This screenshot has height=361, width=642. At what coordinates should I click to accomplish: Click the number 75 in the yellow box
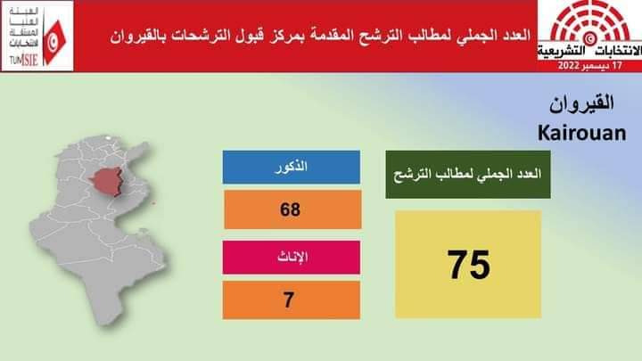pos(468,265)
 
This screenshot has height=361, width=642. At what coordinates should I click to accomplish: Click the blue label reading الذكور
pos(291,167)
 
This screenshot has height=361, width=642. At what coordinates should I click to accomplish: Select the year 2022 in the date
pos(569,67)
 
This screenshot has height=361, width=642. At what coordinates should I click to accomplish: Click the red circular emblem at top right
pos(587,24)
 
